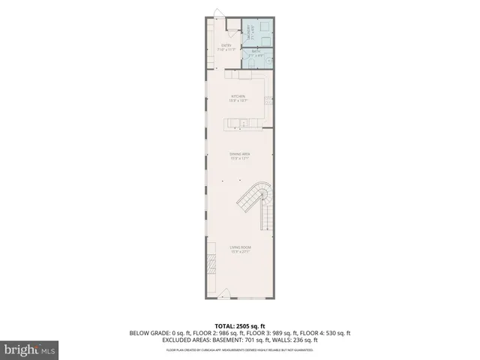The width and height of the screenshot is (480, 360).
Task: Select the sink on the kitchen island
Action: click(234, 122)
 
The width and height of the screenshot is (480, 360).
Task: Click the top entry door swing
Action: click(218, 13)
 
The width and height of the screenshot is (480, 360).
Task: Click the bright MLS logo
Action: click(30, 349)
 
